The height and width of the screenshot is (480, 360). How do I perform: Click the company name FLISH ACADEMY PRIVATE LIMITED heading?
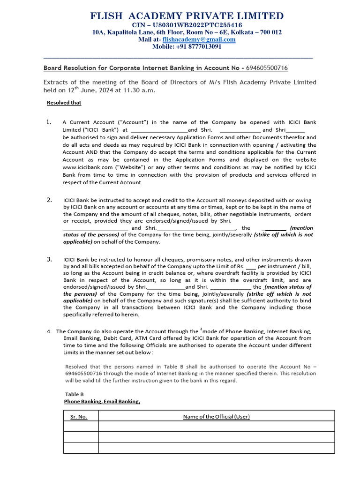(x=186, y=16)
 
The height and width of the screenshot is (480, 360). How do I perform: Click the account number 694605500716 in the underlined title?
(x=267, y=68)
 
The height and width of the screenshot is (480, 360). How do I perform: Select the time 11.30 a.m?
(x=139, y=90)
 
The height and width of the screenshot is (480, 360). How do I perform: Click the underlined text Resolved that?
(x=64, y=103)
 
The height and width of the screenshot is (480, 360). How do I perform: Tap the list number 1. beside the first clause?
(x=49, y=122)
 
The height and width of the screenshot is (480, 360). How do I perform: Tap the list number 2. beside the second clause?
(x=49, y=200)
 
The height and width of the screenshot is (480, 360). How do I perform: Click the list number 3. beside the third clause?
(x=49, y=259)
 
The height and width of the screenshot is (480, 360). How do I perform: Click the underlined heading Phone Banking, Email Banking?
(x=102, y=402)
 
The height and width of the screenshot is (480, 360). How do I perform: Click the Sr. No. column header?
(x=79, y=417)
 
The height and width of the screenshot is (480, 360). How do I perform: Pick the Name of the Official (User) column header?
(x=216, y=417)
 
